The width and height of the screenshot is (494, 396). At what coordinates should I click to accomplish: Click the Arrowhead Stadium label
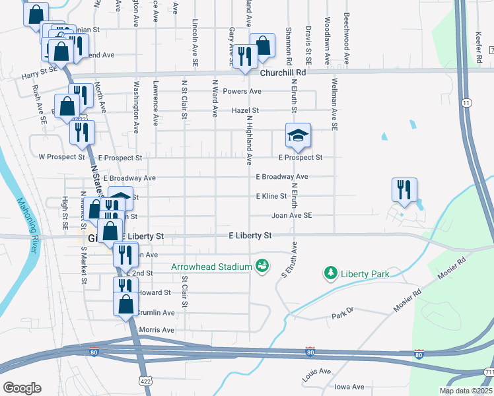click(x=211, y=267)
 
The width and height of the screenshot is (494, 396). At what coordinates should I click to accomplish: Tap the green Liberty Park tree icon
click(x=330, y=273)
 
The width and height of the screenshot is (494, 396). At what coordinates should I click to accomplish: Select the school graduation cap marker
click(x=298, y=135)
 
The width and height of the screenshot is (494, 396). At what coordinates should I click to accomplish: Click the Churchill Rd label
click(x=283, y=73)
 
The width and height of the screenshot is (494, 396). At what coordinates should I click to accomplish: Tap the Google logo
click(x=22, y=388)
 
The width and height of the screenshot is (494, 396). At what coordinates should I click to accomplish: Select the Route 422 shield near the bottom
click(x=146, y=381)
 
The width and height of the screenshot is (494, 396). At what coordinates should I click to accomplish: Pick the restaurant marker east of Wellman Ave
click(x=403, y=189)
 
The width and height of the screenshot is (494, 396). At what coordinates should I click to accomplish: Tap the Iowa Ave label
click(x=349, y=387)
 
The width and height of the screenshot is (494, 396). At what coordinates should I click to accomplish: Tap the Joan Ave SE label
click(x=291, y=215)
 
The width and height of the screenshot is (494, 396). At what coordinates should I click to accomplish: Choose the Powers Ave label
click(x=242, y=91)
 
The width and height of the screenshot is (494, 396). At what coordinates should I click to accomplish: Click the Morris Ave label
click(x=157, y=330)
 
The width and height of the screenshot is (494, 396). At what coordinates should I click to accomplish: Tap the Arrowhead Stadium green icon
click(x=262, y=265)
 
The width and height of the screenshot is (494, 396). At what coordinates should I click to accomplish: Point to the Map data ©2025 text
click(x=465, y=391)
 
